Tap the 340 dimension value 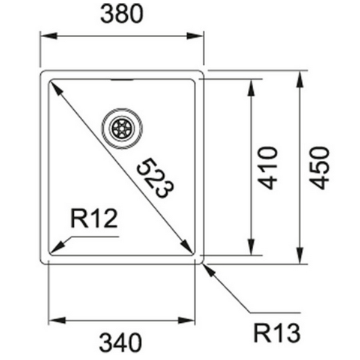(121, 343)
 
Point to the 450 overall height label (320, 167)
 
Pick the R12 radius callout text (93, 220)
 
